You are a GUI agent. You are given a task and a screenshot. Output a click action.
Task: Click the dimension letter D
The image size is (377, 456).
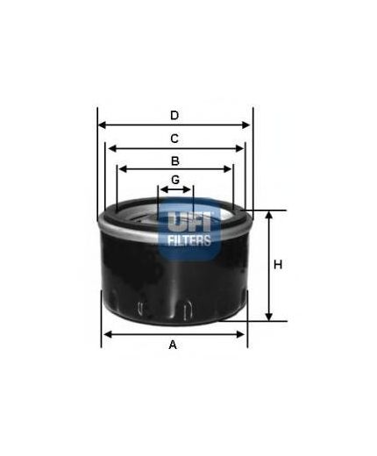click(x=174, y=116)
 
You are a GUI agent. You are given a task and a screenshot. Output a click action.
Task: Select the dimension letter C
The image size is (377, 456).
click(x=174, y=139)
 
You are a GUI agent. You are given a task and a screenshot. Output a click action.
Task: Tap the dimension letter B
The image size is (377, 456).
click(x=175, y=160)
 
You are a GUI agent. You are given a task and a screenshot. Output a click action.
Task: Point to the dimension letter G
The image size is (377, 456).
click(x=175, y=180)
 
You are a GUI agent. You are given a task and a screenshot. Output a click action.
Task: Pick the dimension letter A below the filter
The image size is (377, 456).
click(x=173, y=345)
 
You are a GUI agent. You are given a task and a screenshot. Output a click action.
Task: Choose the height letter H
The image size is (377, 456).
click(x=277, y=265)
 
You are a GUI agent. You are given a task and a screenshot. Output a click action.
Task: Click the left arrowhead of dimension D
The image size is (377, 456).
click(x=101, y=125)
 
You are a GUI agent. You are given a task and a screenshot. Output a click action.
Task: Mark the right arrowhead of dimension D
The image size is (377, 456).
click(x=248, y=125)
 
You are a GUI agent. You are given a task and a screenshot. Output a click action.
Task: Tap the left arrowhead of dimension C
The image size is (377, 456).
click(x=109, y=148)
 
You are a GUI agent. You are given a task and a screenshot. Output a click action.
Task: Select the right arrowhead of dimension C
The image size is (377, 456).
click(x=241, y=148)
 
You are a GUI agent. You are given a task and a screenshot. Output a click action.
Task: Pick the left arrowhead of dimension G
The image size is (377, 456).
click(x=161, y=189)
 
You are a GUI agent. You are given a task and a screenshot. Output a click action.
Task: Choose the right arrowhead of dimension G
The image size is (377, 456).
click(x=189, y=189)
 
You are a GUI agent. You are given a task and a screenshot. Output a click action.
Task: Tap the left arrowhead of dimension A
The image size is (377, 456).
click(x=106, y=333)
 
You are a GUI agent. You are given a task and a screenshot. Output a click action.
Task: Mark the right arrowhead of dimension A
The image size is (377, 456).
click(x=243, y=333)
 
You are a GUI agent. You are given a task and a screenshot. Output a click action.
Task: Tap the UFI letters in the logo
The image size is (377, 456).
click(x=189, y=220)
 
